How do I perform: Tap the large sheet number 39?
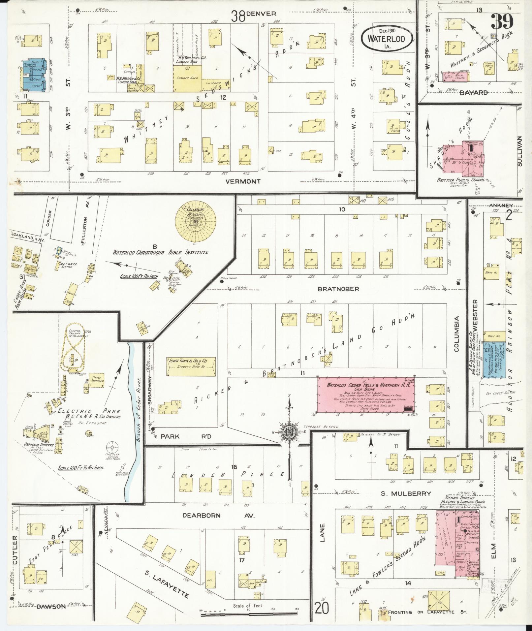(502, 22)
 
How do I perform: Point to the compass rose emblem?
(289, 432)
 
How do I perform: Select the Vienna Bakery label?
(460, 498)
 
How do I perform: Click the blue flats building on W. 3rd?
(32, 76)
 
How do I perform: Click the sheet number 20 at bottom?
(322, 608)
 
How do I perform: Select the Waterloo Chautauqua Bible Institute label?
(160, 253)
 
